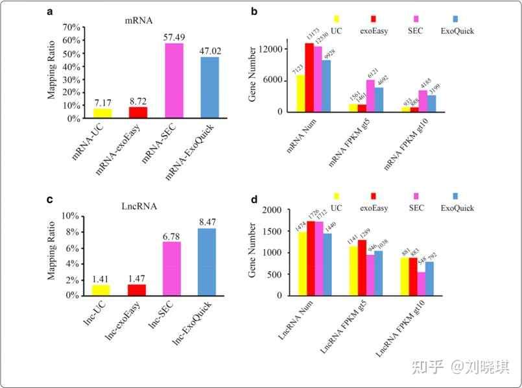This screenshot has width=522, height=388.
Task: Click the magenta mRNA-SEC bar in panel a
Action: pos(174,80)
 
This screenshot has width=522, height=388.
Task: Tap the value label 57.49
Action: pos(174,37)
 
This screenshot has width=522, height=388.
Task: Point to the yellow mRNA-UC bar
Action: pos(102,114)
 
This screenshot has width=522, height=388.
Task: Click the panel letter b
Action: pos(254,12)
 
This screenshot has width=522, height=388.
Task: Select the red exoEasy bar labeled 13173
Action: pos(309,77)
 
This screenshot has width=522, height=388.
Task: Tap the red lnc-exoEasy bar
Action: pos(138,289)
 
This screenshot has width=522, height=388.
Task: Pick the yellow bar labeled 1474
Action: pos(301,263)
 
